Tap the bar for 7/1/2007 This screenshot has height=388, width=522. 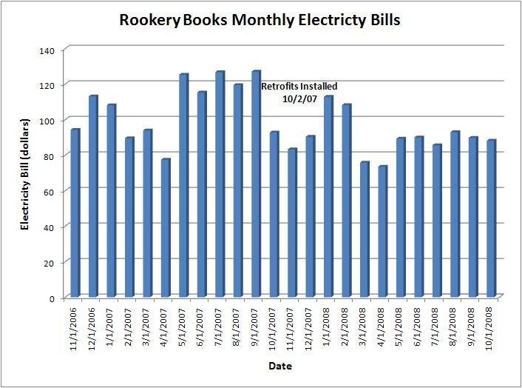pos(220,184)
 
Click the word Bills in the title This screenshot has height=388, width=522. pos(384,21)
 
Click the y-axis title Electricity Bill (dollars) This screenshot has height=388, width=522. pos(24,173)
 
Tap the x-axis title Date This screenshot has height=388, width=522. pos(279,367)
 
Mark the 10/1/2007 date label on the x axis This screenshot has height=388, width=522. pos(274,327)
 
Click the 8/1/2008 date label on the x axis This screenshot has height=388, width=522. pos(455,327)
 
